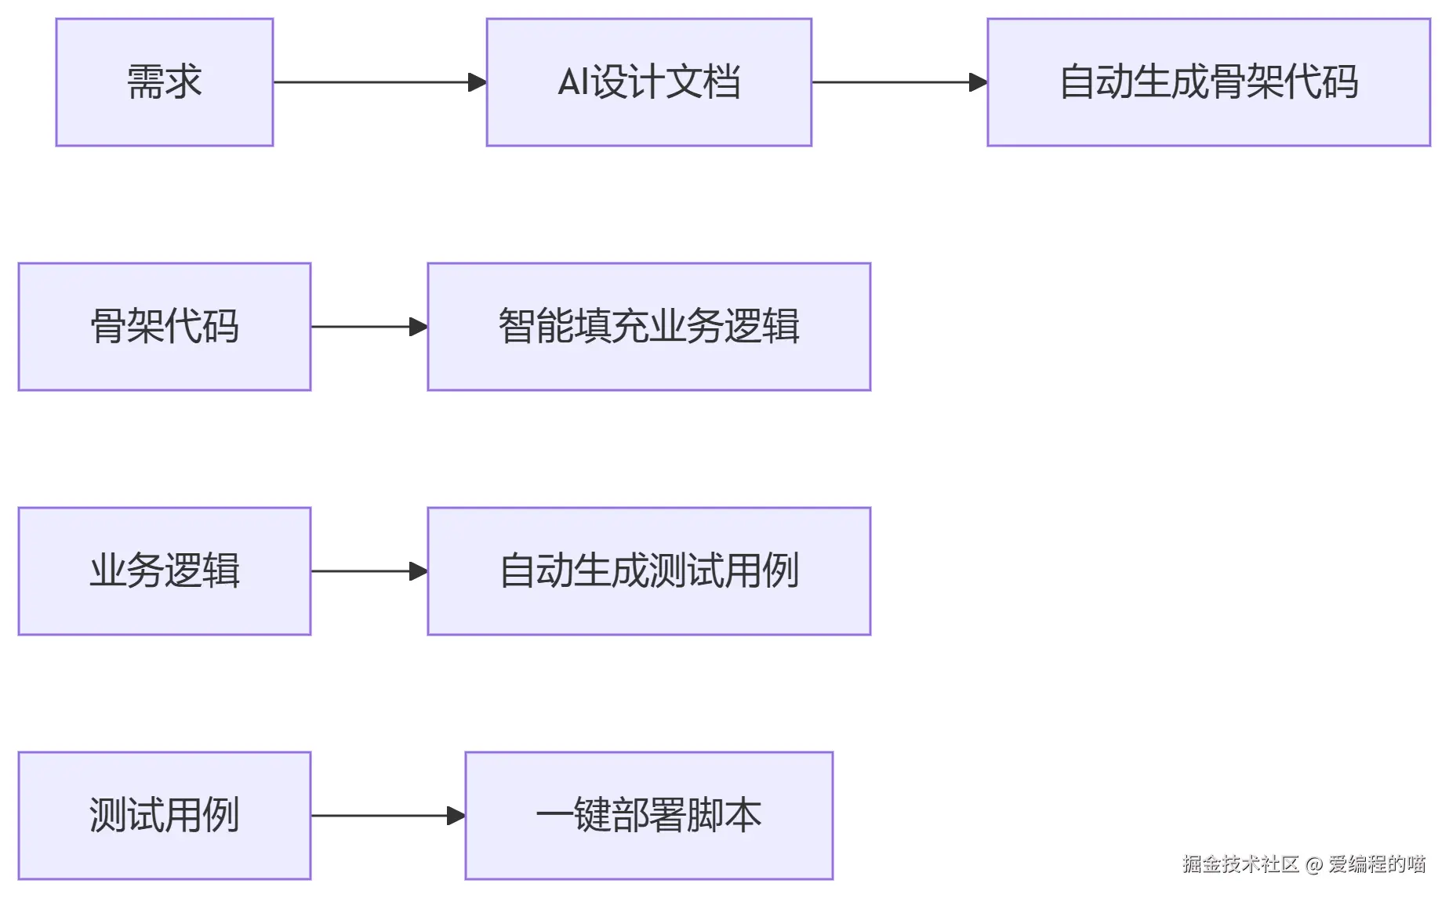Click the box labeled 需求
coord(165,82)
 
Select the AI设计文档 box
coord(648,82)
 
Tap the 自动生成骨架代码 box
coord(1208,82)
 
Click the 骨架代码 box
coord(165,327)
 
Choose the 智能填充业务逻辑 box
coord(648,327)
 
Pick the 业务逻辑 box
coord(165,571)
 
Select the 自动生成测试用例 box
coord(648,571)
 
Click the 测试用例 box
coord(165,816)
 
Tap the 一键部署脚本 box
coord(648,816)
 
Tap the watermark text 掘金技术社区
coord(1240,864)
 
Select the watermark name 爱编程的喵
coord(1377,864)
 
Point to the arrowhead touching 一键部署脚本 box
coord(456,816)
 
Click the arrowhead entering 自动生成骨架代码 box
coord(978,82)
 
